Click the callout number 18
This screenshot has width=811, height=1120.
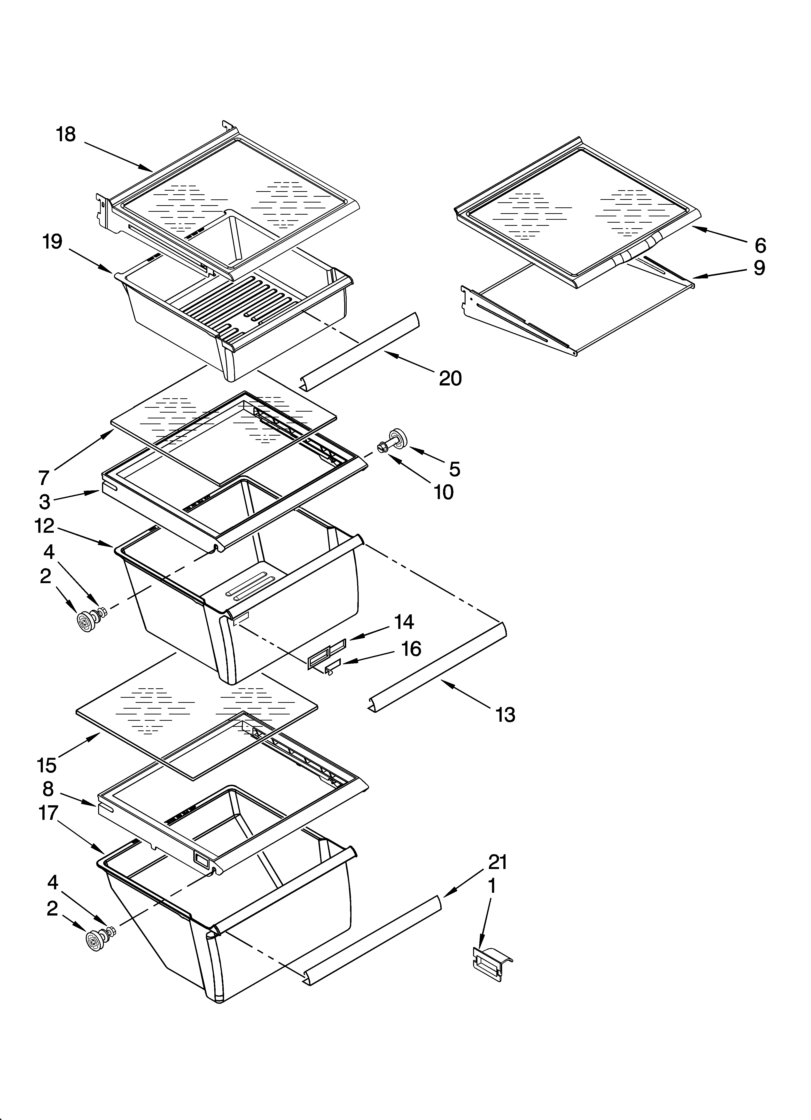pos(66,134)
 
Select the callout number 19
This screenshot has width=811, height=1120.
pos(52,242)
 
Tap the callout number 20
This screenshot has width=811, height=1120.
pos(450,378)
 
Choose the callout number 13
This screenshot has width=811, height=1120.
pos(505,715)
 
